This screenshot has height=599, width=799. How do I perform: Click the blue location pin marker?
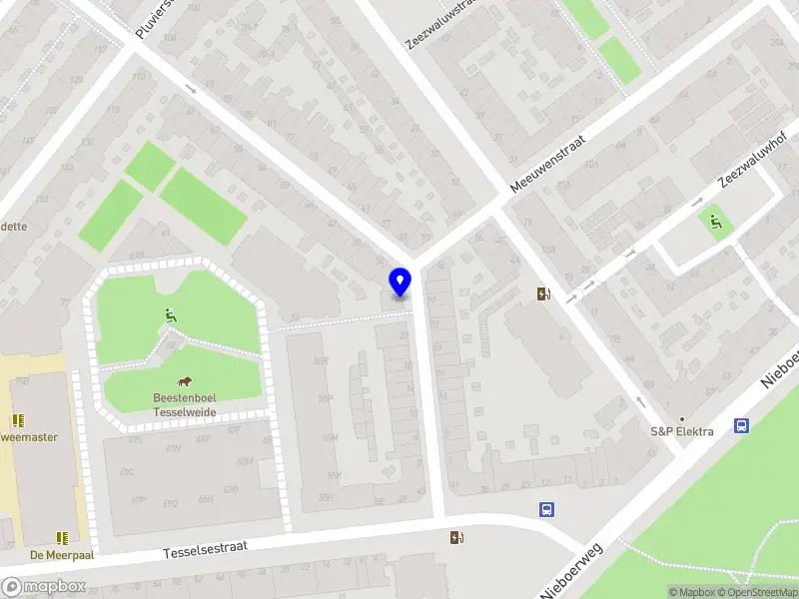pos(399,282)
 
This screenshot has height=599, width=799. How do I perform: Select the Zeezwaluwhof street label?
pos(753,160)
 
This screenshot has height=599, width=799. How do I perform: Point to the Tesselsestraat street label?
pos(204,549)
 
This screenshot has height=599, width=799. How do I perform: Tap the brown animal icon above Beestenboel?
pos(185,381)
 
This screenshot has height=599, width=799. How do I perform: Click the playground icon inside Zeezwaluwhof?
pos(715,222)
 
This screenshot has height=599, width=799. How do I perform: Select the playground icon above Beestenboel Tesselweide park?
pos(171,315)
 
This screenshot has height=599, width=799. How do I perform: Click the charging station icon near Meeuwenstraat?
pos(543,295)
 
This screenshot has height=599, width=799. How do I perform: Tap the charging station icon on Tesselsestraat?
pos(457,538)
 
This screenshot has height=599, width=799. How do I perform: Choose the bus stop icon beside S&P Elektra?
pos(741,426)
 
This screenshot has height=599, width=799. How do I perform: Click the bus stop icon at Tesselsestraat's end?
pos(547,509)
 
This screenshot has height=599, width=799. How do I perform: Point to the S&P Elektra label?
pos(681,431)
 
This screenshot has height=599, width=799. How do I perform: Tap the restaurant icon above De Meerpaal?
pos(63,537)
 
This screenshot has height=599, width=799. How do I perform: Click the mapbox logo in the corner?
pos(44,586)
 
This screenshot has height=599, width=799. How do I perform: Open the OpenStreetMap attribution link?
pos(754,592)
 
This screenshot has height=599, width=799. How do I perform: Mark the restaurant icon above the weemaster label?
pos(18,420)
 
